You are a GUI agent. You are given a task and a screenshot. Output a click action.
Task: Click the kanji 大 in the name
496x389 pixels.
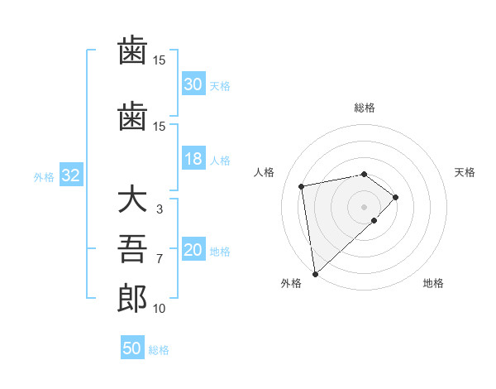click(x=132, y=202)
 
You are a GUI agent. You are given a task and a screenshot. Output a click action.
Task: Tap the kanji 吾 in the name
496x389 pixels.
click(x=132, y=250)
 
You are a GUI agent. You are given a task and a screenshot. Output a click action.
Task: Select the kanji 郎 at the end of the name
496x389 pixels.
click(x=132, y=299)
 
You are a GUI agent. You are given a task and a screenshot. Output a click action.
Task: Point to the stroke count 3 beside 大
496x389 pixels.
click(x=159, y=209)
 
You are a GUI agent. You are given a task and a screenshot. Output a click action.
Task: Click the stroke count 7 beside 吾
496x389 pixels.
click(x=159, y=259)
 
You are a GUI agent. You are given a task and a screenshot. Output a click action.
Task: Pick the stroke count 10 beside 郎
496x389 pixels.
click(x=159, y=309)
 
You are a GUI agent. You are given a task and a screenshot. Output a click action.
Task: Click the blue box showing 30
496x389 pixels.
click(x=193, y=84)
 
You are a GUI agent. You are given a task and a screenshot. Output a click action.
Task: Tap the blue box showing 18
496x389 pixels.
click(x=193, y=160)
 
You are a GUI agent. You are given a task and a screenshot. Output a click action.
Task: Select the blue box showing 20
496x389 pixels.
click(x=193, y=251)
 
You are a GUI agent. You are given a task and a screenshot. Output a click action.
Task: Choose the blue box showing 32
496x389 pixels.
click(x=70, y=176)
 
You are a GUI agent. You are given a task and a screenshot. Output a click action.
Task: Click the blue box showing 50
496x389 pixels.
click(x=132, y=349)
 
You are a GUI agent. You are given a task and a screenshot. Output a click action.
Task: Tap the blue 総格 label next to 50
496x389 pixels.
click(x=159, y=350)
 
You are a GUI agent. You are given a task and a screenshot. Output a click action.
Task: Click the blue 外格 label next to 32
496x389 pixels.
click(x=44, y=177)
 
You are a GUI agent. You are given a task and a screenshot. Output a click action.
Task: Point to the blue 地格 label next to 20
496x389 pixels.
click(x=220, y=252)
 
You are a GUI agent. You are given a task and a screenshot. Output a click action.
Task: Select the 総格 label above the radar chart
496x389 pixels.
click(x=365, y=108)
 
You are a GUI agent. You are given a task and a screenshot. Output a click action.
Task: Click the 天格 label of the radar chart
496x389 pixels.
click(x=465, y=172)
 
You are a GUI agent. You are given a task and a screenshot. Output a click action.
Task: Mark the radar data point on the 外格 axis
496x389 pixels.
click(x=314, y=273)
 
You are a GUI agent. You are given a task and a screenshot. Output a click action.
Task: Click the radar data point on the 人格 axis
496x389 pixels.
click(x=303, y=185)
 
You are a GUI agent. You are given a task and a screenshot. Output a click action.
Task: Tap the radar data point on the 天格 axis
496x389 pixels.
click(x=396, y=197)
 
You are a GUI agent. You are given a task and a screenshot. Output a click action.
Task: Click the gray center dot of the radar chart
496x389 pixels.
click(x=365, y=206)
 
